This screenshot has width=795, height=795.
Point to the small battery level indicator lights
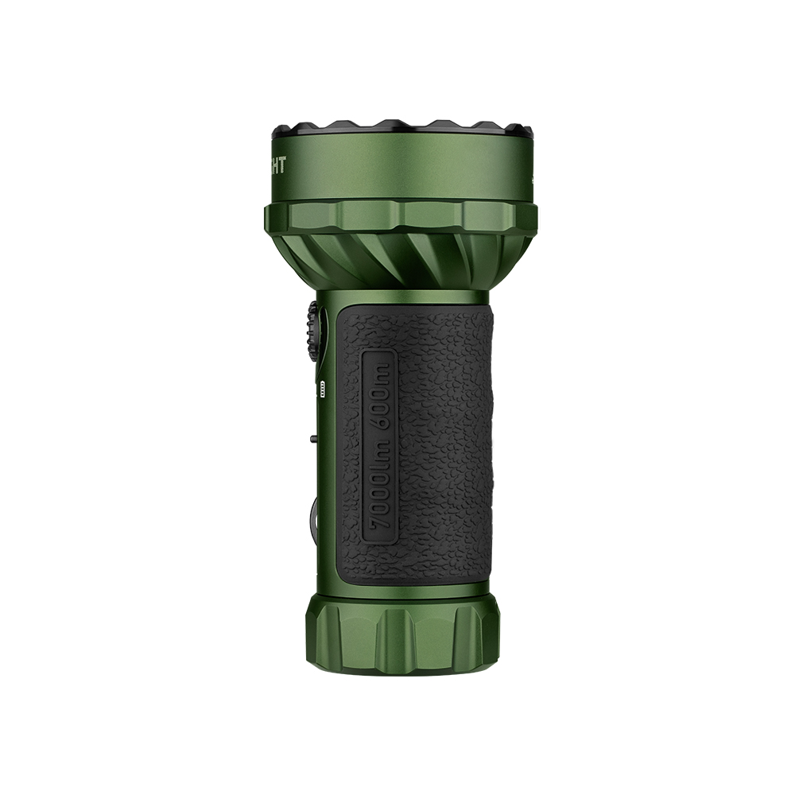[322, 389]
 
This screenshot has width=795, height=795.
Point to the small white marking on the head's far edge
[530, 179]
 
